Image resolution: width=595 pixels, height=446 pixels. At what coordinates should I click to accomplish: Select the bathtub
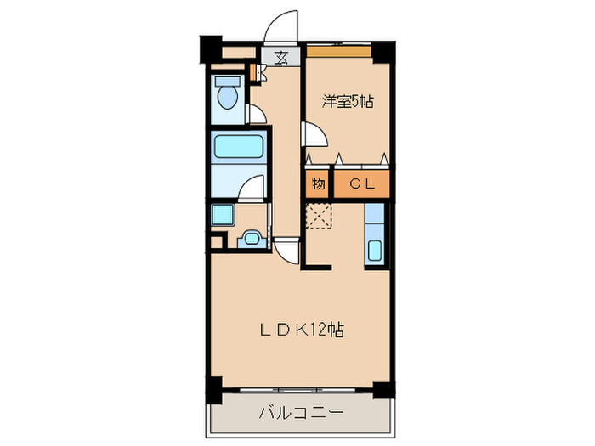(239, 146)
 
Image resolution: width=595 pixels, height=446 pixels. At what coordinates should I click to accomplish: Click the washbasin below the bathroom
(252, 239)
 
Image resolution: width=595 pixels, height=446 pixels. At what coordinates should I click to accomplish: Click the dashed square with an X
(320, 217)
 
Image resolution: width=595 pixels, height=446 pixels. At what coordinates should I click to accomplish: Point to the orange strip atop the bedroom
(339, 51)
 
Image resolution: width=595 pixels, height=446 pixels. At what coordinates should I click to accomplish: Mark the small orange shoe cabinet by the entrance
(254, 70)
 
